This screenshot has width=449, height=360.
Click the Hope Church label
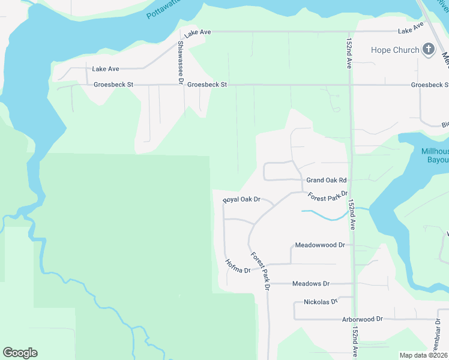point(394,50)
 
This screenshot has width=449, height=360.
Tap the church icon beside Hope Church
point(429,50)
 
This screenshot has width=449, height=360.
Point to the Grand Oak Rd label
point(327,180)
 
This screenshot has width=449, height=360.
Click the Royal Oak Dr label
point(241,199)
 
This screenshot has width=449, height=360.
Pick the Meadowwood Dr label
point(320,245)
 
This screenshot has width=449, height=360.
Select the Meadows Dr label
point(310,283)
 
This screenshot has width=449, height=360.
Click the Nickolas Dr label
point(321,301)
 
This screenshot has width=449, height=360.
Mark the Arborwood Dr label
point(362,319)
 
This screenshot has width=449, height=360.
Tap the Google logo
point(20,353)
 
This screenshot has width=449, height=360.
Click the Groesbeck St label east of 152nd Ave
point(429,85)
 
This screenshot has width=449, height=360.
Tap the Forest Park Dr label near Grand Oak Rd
point(328,196)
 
